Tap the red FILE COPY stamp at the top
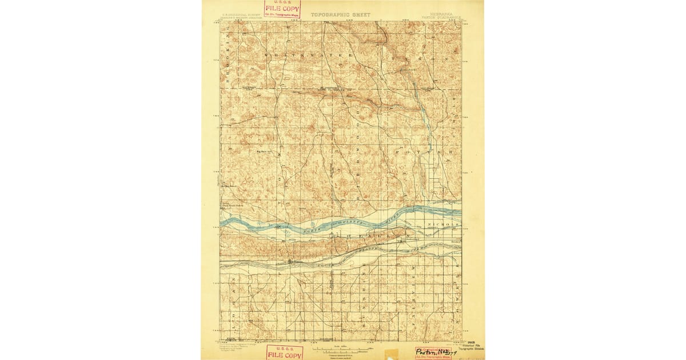[282, 9]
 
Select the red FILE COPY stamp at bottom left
[284, 353]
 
